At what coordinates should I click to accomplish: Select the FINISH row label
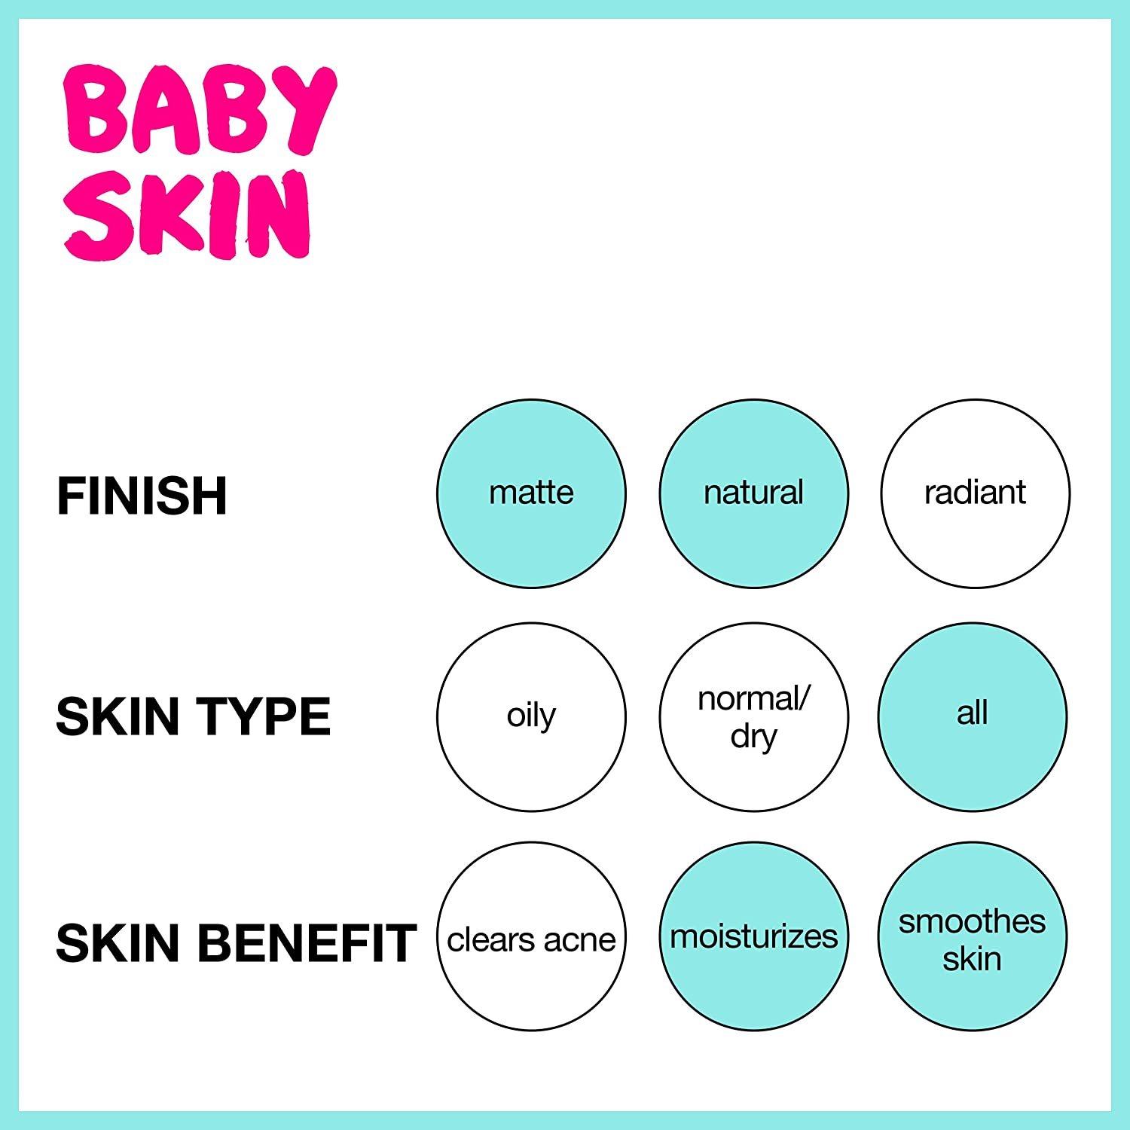coord(142,496)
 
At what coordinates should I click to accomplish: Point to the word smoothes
coord(972,921)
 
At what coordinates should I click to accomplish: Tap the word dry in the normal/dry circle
coord(753,736)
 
